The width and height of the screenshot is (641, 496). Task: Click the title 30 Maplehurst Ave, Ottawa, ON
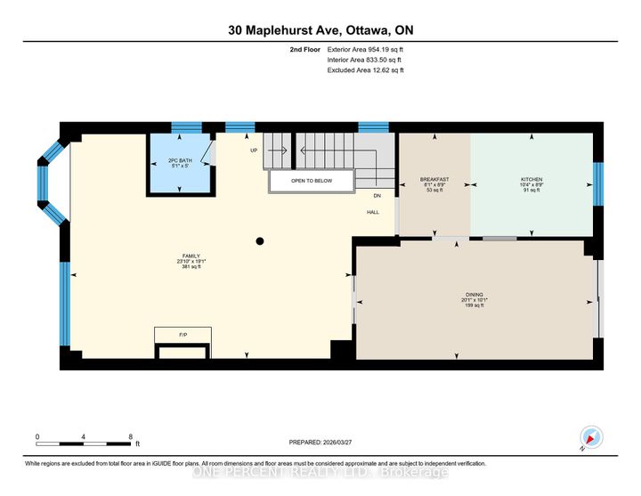click(320, 30)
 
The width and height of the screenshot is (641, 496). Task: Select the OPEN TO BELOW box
click(312, 180)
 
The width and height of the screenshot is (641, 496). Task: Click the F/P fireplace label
click(183, 335)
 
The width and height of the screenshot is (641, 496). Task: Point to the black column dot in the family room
click(260, 240)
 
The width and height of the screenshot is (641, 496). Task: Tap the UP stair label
click(254, 150)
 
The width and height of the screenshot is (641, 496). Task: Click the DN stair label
click(377, 196)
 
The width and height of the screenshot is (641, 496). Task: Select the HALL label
click(375, 212)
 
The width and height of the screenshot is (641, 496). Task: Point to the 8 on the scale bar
click(131, 436)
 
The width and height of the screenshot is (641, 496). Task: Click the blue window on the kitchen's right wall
click(598, 183)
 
